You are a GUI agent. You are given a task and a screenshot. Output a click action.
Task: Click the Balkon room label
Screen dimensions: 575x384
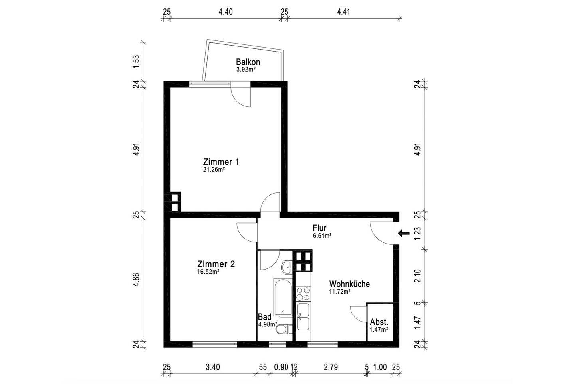tap(248, 62)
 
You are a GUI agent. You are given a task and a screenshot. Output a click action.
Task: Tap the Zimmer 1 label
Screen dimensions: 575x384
tap(221, 162)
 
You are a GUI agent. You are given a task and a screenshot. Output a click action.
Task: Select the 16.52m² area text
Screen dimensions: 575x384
tap(208, 272)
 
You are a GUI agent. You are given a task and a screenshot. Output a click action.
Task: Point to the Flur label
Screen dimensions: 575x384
tap(319, 228)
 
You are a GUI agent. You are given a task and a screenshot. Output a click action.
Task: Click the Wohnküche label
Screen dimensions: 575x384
tap(349, 284)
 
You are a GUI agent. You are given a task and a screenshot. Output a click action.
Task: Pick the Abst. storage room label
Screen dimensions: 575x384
tap(379, 322)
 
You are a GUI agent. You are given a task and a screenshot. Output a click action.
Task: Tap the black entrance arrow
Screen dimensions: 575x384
tap(404, 233)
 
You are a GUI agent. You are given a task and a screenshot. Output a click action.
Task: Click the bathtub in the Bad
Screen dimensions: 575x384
tap(282, 297)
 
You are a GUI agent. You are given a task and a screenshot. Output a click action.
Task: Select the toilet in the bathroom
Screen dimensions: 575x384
tap(284, 329)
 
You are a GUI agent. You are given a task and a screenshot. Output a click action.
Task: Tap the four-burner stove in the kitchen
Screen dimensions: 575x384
tap(303, 294)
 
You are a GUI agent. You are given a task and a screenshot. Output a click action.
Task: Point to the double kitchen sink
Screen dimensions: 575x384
tap(303, 317)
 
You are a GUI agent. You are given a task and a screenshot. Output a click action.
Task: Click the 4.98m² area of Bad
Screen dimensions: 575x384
tap(268, 324)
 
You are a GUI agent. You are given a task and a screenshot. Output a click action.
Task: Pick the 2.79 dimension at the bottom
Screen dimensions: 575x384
tap(331, 367)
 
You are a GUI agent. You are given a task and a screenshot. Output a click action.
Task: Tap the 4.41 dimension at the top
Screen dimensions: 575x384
tap(343, 12)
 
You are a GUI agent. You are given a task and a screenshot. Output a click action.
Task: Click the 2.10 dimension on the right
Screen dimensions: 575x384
tap(418, 276)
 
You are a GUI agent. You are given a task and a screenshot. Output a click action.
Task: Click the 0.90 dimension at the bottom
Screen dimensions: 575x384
tap(281, 367)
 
